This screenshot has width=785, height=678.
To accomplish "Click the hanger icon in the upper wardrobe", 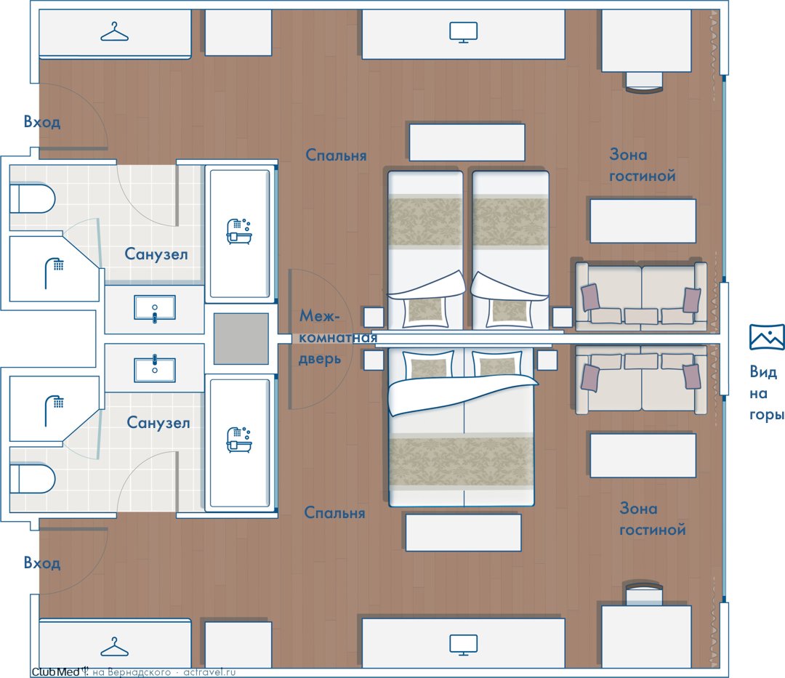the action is tap(115, 31).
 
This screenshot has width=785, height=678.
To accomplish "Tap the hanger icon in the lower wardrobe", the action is tap(115, 647).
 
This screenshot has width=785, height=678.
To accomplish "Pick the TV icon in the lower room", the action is tap(463, 645).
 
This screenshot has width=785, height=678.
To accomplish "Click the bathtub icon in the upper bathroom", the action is tap(239, 231).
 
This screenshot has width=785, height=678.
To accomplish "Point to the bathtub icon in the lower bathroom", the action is tap(239, 440).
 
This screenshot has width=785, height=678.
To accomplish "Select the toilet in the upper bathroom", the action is tap(32, 199).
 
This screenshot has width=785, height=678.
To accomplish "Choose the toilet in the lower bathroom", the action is tap(32, 479).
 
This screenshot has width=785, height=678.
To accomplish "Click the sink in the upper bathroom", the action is tap(155, 307).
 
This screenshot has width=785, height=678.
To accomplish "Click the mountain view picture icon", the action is tap(767, 336).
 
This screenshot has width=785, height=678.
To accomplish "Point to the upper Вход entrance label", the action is tap(42, 121).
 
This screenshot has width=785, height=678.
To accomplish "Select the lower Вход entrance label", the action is tap(42, 562).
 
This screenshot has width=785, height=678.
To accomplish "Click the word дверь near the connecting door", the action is tap(320, 359).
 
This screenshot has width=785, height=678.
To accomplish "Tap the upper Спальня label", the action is tap(336, 155).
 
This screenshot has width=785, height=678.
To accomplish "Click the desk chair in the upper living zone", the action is tap(644, 82).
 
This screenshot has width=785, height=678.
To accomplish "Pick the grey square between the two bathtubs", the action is tap(241, 339).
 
